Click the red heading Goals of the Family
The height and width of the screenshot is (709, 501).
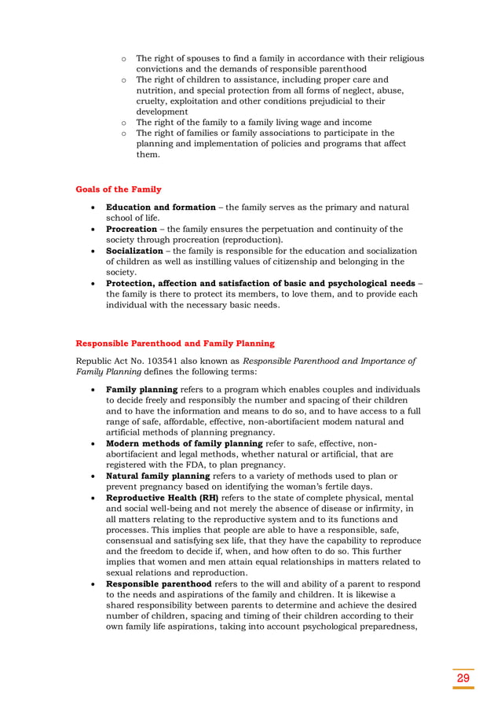click(x=119, y=189)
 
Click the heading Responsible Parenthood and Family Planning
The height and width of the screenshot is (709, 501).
click(x=174, y=343)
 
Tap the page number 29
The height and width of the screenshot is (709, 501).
click(x=463, y=678)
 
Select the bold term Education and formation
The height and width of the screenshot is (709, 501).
click(x=160, y=208)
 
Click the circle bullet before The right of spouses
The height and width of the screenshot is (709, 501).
click(x=124, y=59)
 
